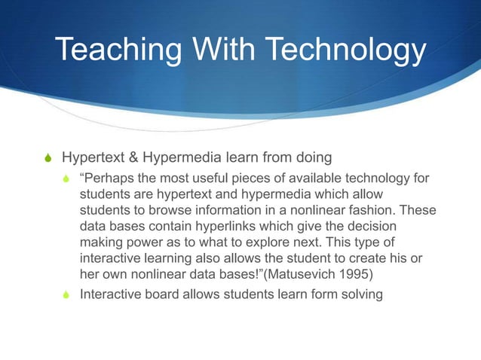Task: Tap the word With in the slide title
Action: pyautogui.click(x=226, y=51)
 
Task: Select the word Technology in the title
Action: pyautogui.click(x=348, y=51)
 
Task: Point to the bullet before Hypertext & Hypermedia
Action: pyautogui.click(x=47, y=160)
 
